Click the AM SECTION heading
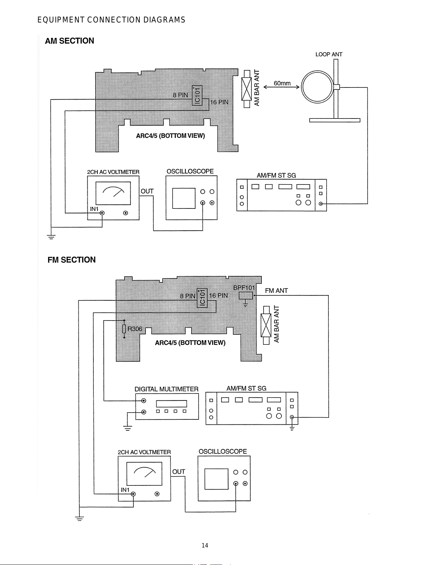click(69, 41)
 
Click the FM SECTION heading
click(71, 260)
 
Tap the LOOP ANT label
click(329, 54)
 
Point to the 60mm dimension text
click(282, 83)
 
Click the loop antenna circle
click(302, 87)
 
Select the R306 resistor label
click(135, 329)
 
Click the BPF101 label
click(244, 288)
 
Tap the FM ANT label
click(276, 291)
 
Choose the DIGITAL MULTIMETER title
click(167, 389)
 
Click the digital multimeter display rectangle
click(172, 404)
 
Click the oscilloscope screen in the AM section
click(184, 198)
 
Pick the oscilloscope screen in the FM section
click(216, 479)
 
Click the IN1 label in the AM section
click(94, 209)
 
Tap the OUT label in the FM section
click(179, 471)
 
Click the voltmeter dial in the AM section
click(113, 193)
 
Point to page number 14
click(205, 545)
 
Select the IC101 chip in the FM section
click(202, 298)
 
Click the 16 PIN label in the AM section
click(219, 102)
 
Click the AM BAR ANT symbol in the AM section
click(247, 89)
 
